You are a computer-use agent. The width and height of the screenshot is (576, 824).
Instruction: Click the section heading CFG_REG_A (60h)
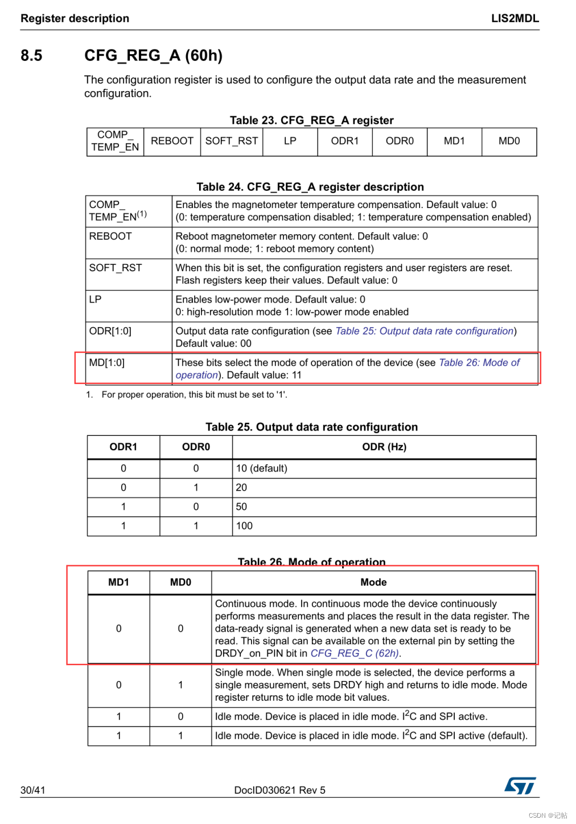click(153, 55)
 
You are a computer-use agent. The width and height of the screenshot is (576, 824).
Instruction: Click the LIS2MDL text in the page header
click(515, 18)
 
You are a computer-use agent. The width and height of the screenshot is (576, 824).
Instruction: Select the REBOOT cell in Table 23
click(172, 141)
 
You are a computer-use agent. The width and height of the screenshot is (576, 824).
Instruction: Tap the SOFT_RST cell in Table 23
click(232, 141)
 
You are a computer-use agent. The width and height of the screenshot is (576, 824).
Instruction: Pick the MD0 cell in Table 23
click(509, 141)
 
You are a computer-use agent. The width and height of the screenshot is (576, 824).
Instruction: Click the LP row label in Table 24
click(96, 300)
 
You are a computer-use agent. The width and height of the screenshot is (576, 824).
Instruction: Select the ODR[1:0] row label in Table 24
click(110, 331)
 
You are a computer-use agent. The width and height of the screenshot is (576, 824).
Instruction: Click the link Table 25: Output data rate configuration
click(424, 331)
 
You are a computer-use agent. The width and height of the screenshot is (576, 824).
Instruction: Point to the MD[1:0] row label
click(106, 362)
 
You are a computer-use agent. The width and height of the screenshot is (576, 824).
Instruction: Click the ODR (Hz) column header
click(384, 447)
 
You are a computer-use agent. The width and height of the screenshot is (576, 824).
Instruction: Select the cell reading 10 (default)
click(262, 468)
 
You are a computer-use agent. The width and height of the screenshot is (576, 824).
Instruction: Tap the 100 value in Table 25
click(244, 526)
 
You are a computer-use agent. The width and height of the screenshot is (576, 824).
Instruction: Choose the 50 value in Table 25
click(241, 507)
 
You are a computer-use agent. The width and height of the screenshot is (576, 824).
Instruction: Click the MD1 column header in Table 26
click(118, 582)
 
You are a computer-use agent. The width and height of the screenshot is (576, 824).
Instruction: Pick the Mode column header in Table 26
click(373, 582)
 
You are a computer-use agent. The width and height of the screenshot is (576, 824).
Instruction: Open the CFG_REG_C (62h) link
click(355, 654)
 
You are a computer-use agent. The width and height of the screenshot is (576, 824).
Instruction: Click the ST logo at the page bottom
click(520, 786)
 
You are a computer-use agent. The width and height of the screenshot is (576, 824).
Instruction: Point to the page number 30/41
click(33, 790)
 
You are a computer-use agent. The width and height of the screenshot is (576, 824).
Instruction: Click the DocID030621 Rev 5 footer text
click(279, 790)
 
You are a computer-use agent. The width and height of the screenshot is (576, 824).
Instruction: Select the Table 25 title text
click(311, 427)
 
